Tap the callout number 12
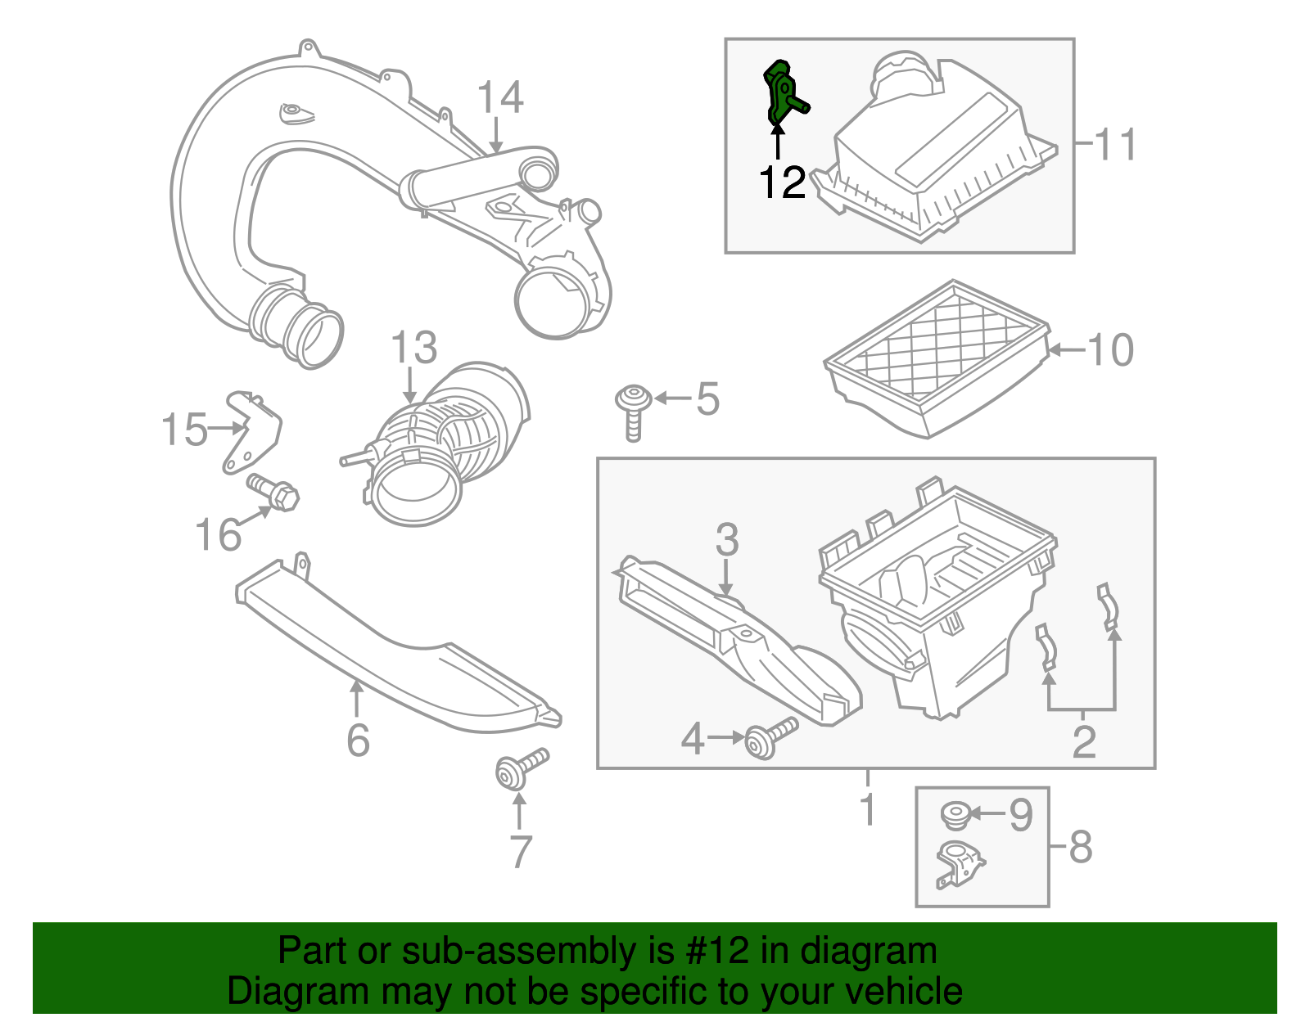(x=782, y=182)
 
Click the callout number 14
(x=499, y=98)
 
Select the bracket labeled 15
(x=251, y=431)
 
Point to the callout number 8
(x=1081, y=847)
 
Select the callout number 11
(x=1115, y=145)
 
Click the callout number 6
(x=358, y=741)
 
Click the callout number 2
(x=1083, y=741)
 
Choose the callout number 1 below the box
(x=868, y=810)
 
